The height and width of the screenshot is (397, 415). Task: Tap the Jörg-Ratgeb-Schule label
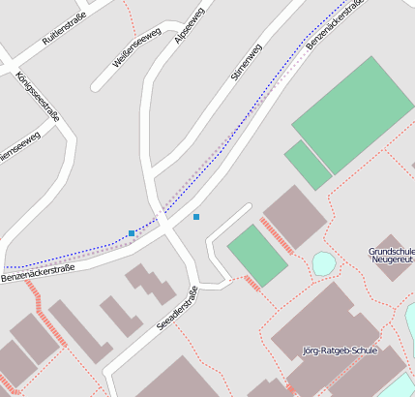click(339, 351)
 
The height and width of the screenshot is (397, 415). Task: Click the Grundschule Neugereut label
click(392, 255)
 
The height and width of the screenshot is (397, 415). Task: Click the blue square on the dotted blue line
click(132, 233)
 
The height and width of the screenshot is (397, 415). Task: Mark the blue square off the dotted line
click(196, 217)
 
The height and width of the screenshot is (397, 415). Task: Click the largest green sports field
click(353, 114)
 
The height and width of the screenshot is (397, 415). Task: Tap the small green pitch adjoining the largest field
click(308, 165)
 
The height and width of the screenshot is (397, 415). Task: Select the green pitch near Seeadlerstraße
click(257, 254)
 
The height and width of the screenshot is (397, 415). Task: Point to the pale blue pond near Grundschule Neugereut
click(324, 262)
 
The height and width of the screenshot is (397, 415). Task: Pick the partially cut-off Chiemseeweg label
click(19, 147)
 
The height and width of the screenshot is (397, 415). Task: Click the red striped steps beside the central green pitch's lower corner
click(252, 283)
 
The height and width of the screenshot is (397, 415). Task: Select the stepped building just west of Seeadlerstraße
click(150, 283)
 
